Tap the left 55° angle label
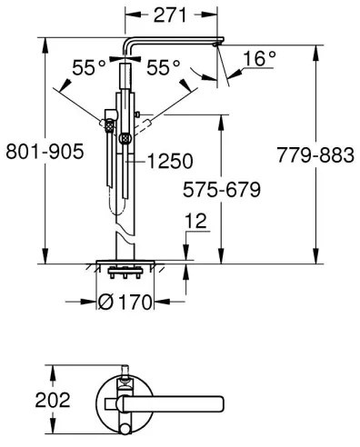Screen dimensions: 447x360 coord(88,67)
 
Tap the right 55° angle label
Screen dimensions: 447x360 coord(164,67)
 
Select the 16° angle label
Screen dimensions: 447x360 coord(259,58)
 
